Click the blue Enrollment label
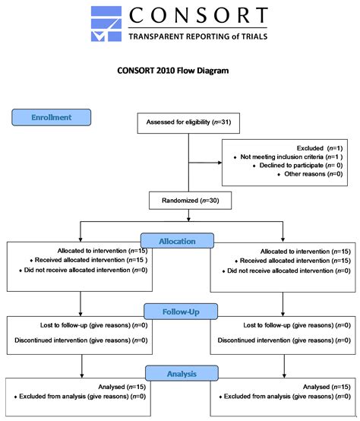pos(51,118)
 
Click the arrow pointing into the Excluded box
pos(216,161)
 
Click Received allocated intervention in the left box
pos(91,260)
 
